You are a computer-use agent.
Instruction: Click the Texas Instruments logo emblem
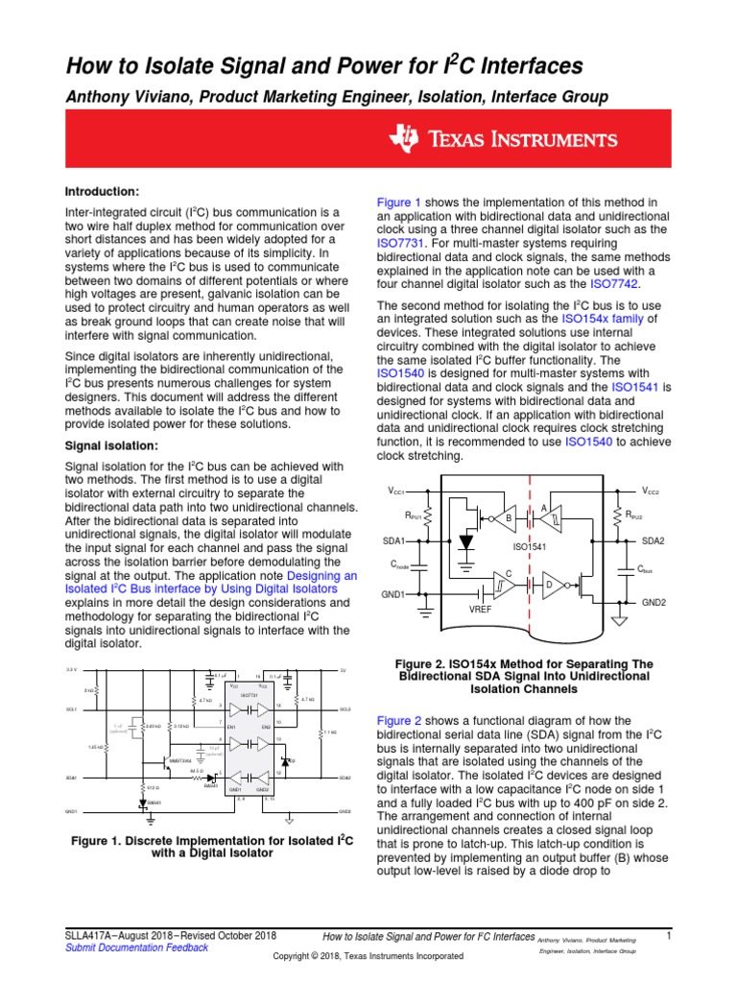pyautogui.click(x=403, y=139)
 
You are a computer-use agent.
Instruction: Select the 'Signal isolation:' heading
pyautogui.click(x=112, y=445)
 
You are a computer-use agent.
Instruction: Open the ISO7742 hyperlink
pyautogui.click(x=614, y=284)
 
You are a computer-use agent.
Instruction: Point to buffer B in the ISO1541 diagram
pyautogui.click(x=505, y=519)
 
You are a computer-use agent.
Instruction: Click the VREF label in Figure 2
pyautogui.click(x=481, y=610)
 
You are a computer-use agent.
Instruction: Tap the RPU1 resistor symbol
pyautogui.click(x=427, y=515)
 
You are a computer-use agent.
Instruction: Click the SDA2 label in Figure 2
pyautogui.click(x=653, y=541)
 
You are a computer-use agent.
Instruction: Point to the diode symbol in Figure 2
pyautogui.click(x=466, y=541)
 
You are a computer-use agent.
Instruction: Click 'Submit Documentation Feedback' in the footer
pyautogui.click(x=136, y=947)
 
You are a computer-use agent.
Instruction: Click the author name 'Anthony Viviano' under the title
pyautogui.click(x=122, y=97)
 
